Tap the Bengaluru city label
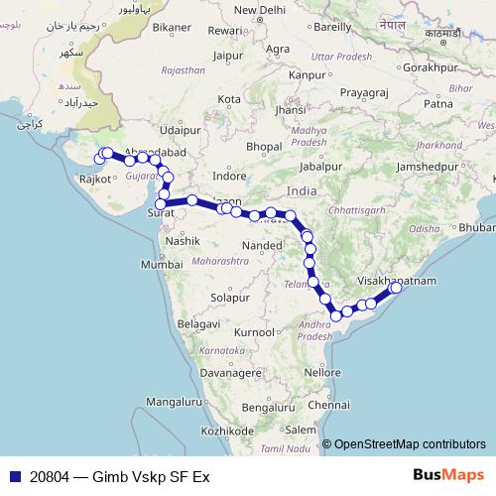270,408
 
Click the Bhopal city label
265,147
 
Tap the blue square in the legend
14,476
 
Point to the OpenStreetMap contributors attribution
410,443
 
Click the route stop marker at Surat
161,205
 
